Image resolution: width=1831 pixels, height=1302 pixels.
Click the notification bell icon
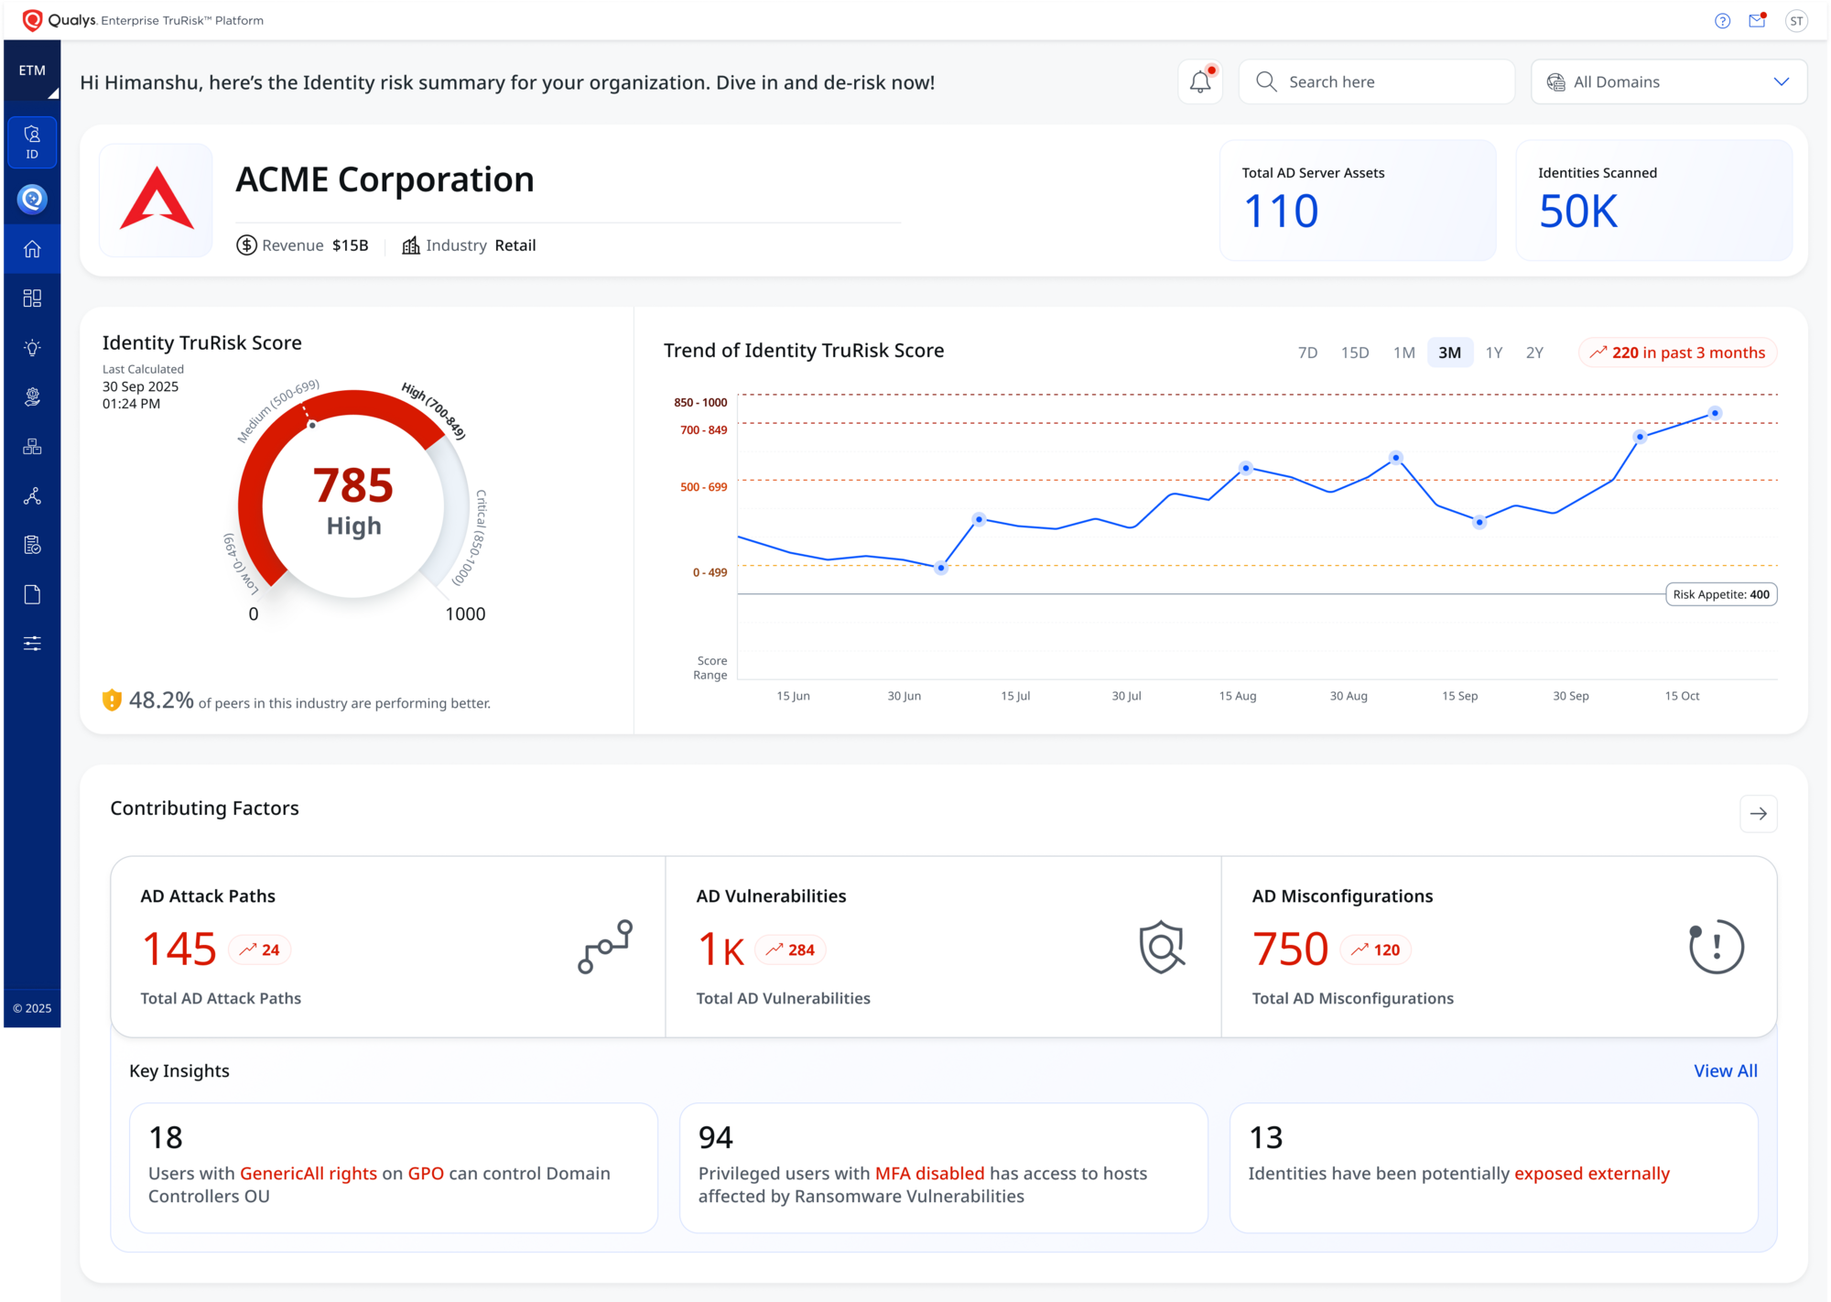(x=1200, y=81)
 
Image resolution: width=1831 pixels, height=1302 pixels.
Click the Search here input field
(x=1376, y=81)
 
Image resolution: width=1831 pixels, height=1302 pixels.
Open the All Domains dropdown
(x=1669, y=81)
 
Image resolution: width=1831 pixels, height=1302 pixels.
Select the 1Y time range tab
(x=1494, y=353)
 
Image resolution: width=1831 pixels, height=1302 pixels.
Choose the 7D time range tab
(x=1307, y=353)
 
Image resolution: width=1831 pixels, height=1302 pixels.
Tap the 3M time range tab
(x=1450, y=353)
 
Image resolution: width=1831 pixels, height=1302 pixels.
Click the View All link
(x=1725, y=1070)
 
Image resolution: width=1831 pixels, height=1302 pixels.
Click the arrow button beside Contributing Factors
(x=1758, y=813)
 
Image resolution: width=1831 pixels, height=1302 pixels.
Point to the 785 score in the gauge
(x=353, y=485)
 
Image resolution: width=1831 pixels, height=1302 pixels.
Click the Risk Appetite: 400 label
(x=1721, y=594)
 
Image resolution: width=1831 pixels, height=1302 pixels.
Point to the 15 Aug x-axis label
(x=1237, y=696)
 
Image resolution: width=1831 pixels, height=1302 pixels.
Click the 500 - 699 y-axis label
(x=703, y=487)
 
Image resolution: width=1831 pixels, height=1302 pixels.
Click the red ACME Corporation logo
(x=157, y=199)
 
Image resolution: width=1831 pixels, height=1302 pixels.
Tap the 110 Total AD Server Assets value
(x=1281, y=212)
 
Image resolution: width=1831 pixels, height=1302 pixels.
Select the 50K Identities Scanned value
(x=1578, y=212)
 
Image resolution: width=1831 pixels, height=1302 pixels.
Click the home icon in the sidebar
(x=32, y=249)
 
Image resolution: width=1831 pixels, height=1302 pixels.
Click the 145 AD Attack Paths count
(x=179, y=949)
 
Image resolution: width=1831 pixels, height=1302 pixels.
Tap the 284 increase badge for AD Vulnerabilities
(x=790, y=949)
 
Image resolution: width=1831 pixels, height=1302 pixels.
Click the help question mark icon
(x=1722, y=21)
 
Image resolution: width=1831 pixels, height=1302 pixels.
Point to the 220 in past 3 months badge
(x=1677, y=353)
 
